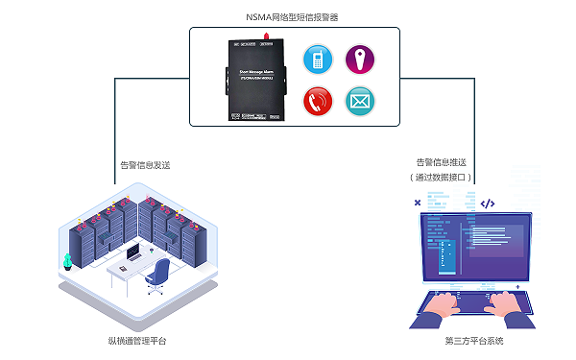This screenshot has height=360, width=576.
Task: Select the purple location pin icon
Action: pos(359,58)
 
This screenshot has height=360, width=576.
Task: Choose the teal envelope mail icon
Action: pos(359,100)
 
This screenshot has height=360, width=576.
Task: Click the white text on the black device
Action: pos(255,74)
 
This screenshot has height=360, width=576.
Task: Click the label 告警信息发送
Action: pos(144,164)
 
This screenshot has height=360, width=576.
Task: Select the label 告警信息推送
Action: pos(441,163)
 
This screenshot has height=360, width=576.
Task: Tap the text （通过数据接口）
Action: pos(441,178)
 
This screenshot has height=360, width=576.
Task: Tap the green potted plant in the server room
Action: pos(67,260)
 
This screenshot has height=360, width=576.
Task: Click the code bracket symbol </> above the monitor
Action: pos(487,204)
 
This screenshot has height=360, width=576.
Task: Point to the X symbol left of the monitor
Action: pos(416,204)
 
